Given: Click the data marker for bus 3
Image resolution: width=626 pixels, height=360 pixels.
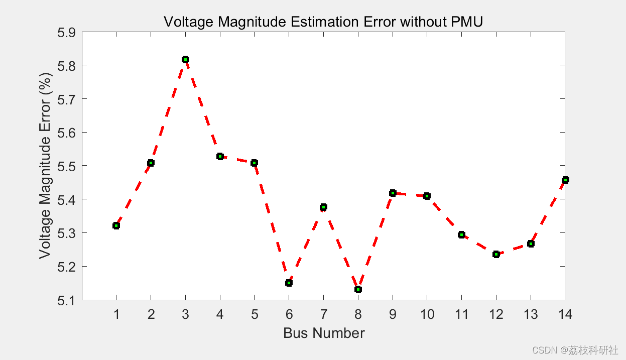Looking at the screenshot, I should [185, 59].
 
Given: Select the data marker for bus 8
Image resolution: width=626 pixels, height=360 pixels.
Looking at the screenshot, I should [358, 289].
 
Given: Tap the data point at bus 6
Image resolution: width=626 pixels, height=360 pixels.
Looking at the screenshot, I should [289, 283].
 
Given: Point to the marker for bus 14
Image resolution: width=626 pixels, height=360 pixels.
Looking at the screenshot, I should [565, 180].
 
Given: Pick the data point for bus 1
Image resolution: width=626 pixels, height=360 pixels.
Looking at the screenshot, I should [116, 225].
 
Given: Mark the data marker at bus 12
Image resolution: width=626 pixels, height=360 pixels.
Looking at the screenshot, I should [496, 254].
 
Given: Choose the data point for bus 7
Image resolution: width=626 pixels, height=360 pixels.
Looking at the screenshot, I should [323, 207].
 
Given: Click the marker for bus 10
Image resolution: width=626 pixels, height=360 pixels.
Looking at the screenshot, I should [427, 196].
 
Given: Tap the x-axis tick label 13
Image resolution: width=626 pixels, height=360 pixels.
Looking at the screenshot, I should [531, 315].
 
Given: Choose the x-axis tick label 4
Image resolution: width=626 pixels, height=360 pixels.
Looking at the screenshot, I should [220, 315].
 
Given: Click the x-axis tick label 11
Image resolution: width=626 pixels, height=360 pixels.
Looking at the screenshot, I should [461, 315].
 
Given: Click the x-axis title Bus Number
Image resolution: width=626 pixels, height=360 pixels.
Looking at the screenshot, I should [324, 333].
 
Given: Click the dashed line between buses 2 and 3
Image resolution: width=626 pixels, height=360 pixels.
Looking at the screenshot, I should [168, 110].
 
